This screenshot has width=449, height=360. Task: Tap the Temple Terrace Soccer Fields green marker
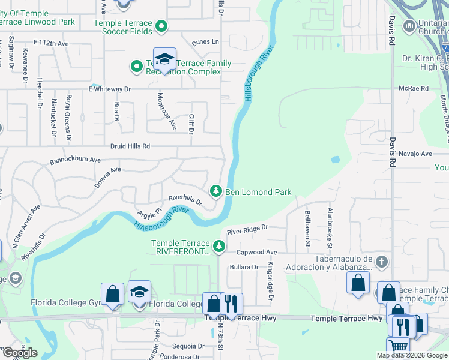(x=161, y=26)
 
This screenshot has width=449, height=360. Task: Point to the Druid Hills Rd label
(x=130, y=146)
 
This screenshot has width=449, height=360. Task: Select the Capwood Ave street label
(x=256, y=253)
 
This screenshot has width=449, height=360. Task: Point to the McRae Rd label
(x=414, y=88)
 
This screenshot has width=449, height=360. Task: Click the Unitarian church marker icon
(x=410, y=25)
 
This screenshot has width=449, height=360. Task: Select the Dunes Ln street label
(x=205, y=42)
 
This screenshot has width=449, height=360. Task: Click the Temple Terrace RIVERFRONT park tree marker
(x=220, y=245)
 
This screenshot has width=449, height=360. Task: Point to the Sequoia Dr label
(x=188, y=346)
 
